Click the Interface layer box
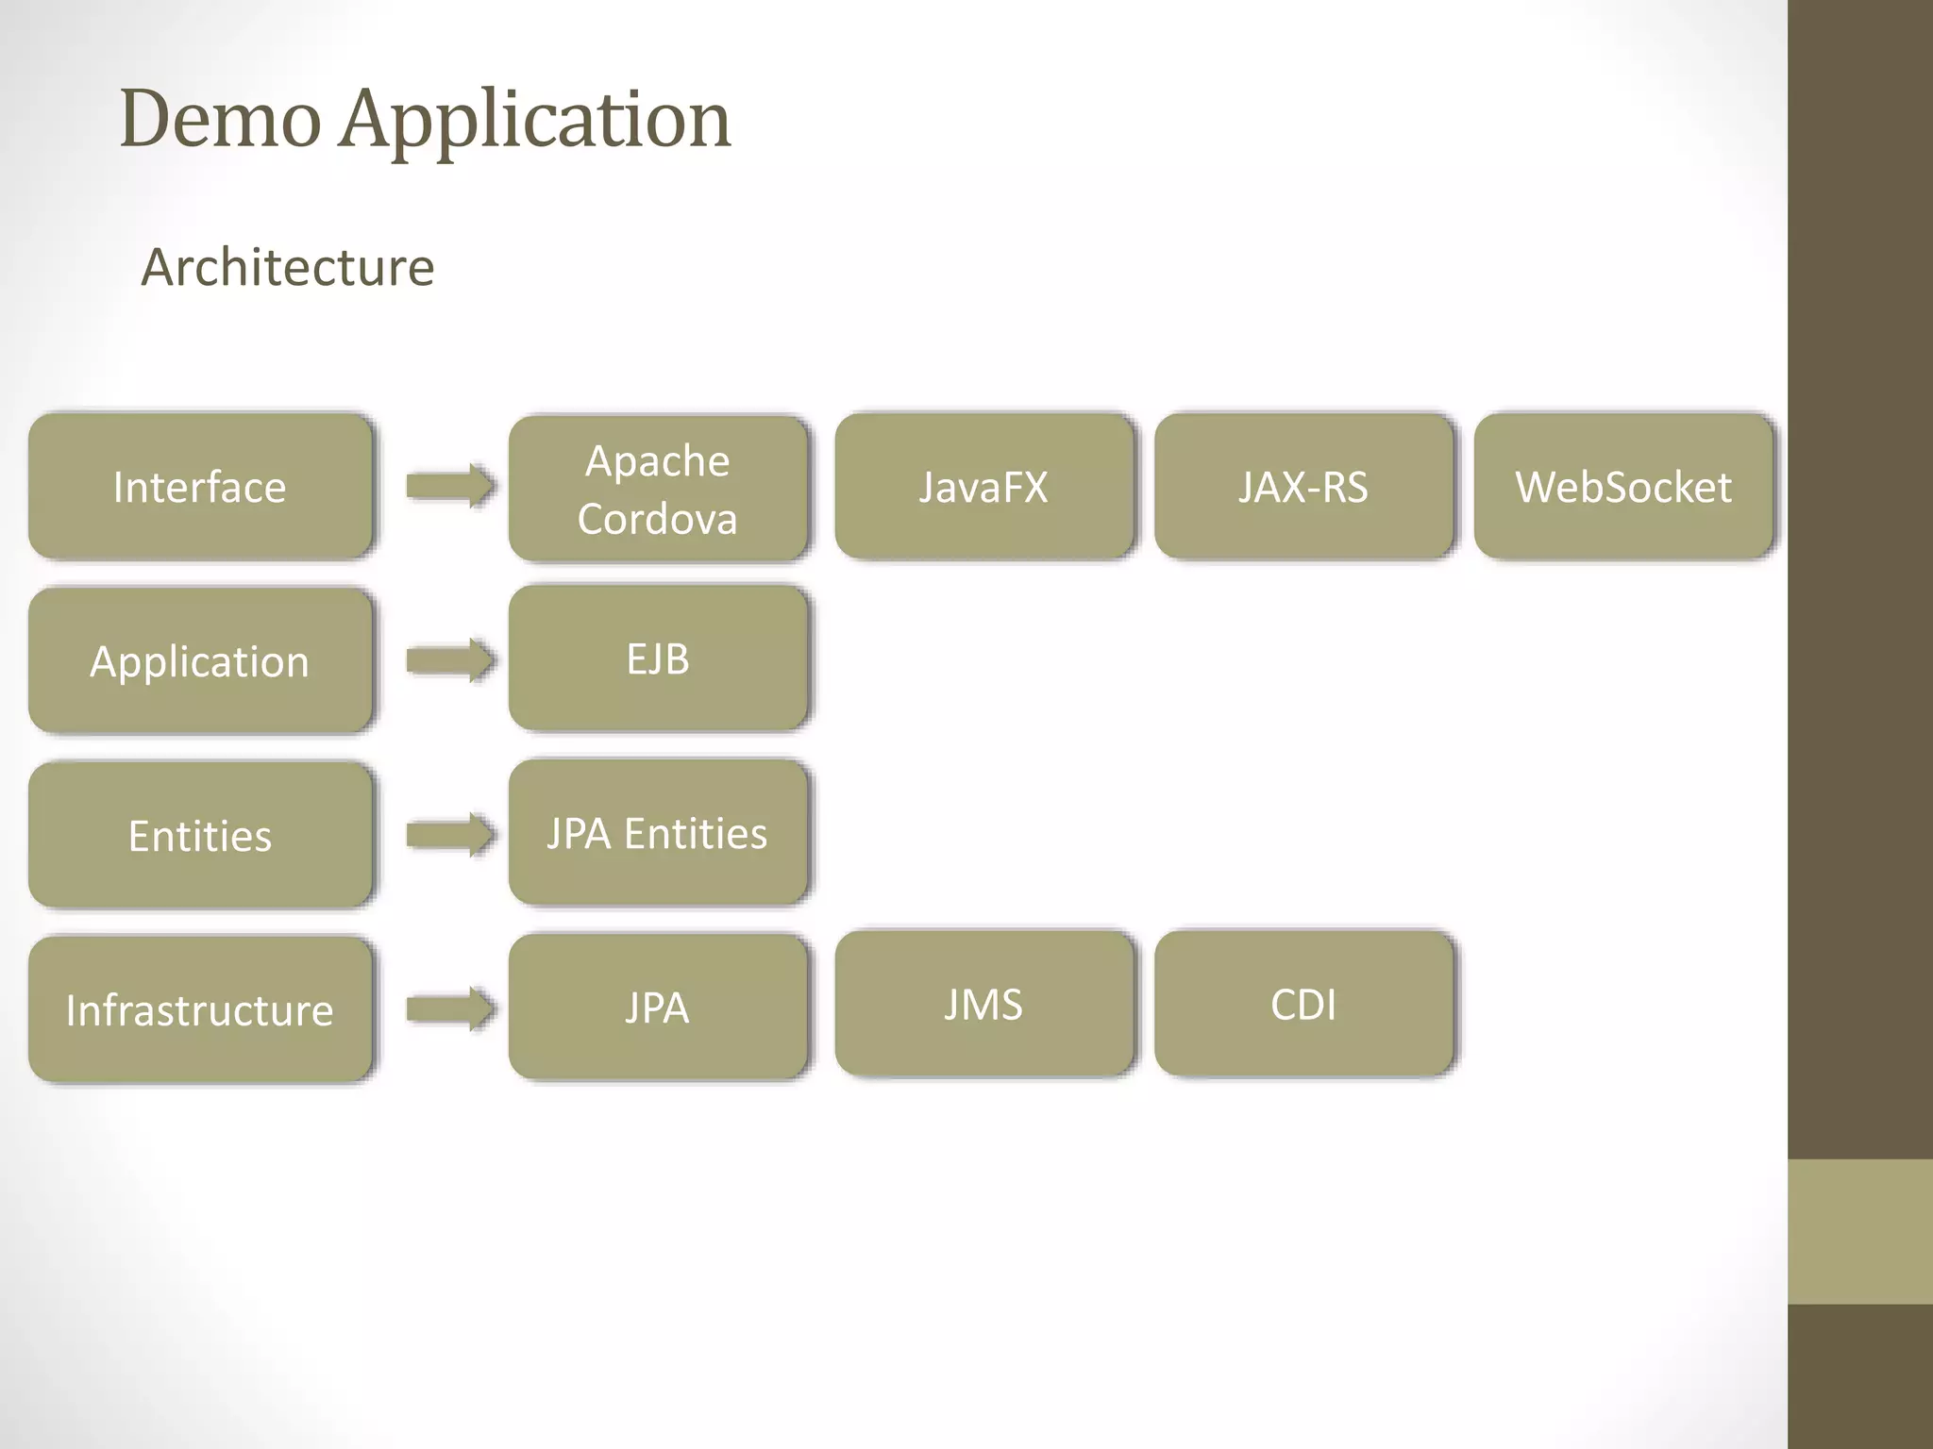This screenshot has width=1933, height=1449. pos(200,487)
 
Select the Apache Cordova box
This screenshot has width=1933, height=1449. pos(658,489)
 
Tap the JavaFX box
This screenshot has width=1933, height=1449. pos(983,487)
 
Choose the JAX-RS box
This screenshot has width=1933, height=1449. pos(1303,487)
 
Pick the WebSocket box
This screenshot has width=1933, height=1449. pos(1622,487)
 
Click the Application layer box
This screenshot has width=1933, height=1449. pos(200,661)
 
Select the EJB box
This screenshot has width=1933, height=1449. pos(658,658)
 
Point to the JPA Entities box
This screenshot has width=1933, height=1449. pos(658,833)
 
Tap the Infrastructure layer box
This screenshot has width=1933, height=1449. pos(200,1009)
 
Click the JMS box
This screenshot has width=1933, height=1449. pos(983,1005)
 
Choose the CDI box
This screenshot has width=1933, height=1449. pos(1303,1005)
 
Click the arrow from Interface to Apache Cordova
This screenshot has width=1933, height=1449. pos(450,487)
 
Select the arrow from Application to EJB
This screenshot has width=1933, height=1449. pos(450,660)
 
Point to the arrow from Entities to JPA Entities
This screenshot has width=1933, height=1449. pos(450,835)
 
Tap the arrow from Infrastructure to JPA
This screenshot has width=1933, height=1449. pos(450,1009)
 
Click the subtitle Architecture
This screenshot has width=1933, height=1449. pos(288,267)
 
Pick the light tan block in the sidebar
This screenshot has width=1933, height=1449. pos(1859,1231)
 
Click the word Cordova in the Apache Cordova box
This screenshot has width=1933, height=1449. pos(658,519)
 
